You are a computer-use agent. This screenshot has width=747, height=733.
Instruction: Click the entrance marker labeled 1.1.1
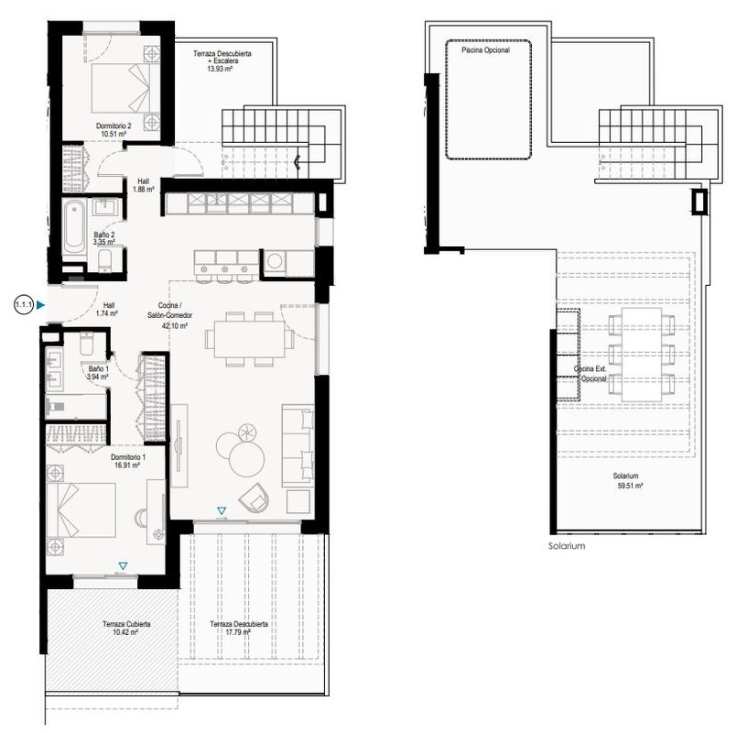(24, 305)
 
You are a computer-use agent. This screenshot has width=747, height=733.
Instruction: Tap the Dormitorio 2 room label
(114, 126)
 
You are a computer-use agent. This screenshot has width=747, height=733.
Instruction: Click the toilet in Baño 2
(104, 260)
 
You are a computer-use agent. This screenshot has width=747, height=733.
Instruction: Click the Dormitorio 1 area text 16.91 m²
(127, 465)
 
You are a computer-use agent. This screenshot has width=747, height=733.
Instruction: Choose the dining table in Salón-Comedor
(249, 339)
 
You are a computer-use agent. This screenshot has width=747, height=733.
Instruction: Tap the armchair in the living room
(254, 498)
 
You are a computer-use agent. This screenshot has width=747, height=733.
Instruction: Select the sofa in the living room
(298, 445)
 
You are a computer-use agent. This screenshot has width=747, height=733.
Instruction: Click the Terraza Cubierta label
(126, 624)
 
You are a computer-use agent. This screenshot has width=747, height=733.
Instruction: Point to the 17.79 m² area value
(238, 632)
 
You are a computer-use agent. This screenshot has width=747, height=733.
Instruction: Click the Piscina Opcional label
(485, 50)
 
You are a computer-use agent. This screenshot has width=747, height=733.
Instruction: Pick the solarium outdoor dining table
(642, 355)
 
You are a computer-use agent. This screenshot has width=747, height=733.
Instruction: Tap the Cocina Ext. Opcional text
(590, 374)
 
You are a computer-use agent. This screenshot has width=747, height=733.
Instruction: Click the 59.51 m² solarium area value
(630, 486)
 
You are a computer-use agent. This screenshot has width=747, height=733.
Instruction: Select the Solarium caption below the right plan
(567, 546)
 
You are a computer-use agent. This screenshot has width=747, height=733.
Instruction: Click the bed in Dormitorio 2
(125, 88)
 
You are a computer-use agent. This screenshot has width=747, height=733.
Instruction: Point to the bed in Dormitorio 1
(81, 510)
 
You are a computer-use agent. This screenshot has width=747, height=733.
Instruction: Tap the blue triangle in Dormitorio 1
(123, 566)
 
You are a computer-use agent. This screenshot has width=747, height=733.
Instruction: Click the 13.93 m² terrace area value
(220, 69)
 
